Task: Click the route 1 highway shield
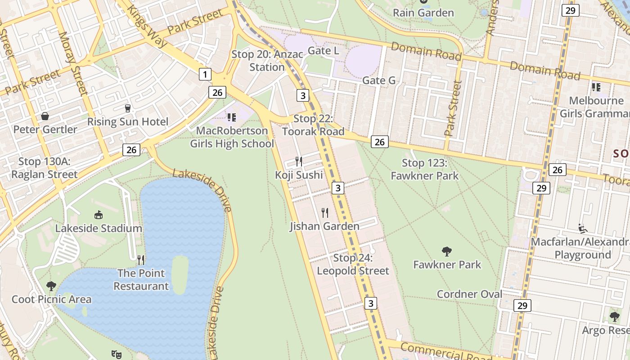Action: click(205, 74)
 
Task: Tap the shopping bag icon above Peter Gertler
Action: click(45, 116)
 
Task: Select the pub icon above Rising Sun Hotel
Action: click(128, 108)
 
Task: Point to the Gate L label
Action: click(323, 51)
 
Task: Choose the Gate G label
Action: click(379, 81)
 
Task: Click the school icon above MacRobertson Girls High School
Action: click(232, 117)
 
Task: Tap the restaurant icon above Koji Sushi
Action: click(299, 161)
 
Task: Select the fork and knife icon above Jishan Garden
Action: click(325, 212)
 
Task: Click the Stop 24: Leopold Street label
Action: click(353, 265)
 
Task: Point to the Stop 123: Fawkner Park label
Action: click(424, 169)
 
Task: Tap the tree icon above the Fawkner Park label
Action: click(447, 251)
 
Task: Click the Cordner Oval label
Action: click(469, 294)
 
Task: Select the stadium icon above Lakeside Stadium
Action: click(99, 215)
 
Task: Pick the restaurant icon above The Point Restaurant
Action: click(141, 260)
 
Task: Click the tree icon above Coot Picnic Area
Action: click(51, 286)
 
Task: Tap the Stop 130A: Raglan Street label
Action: click(44, 168)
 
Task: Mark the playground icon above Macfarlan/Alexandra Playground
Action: click(583, 229)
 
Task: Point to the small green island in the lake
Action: click(180, 274)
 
